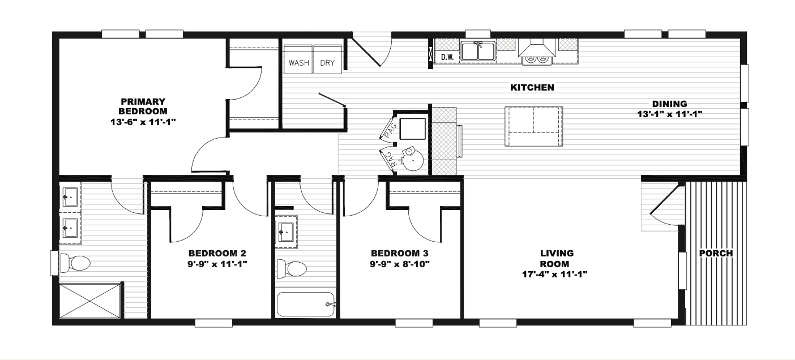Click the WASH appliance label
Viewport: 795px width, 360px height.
[298, 63]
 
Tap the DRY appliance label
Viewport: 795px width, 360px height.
[327, 63]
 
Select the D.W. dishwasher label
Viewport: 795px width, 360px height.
[447, 57]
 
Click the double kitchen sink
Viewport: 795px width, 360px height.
[478, 52]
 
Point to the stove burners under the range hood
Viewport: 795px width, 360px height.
[537, 59]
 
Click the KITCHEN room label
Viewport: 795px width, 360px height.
[532, 88]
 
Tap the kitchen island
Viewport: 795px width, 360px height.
[533, 126]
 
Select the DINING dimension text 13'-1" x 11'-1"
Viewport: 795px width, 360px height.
[670, 114]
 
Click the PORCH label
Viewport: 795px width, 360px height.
[716, 253]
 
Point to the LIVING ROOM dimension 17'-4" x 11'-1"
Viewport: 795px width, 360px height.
[555, 274]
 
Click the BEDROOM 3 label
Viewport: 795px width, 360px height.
[400, 253]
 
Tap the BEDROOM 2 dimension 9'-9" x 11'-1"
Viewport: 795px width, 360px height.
[217, 264]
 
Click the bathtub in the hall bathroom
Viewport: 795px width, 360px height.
[306, 305]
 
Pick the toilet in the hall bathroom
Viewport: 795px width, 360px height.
[292, 269]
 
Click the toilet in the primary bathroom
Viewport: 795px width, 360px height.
[75, 263]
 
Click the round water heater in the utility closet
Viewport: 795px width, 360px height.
[412, 160]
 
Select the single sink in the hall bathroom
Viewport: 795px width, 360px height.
[285, 232]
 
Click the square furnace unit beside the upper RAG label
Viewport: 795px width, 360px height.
[412, 128]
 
